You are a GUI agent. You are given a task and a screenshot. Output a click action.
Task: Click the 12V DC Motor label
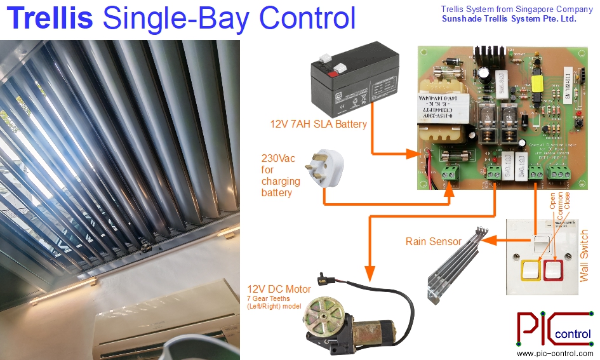279,290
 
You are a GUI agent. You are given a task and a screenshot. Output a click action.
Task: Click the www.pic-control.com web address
554,353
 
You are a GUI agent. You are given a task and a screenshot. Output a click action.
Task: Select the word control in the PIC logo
573,335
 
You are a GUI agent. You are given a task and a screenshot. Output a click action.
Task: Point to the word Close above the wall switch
567,201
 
